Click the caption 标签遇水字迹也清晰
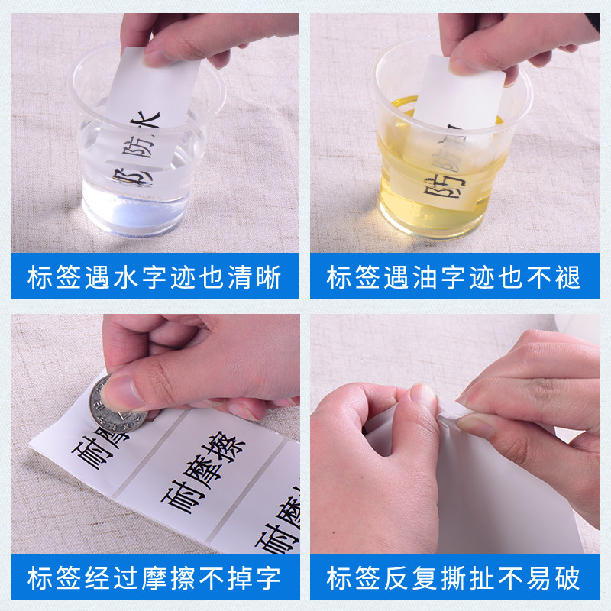coord(154,276)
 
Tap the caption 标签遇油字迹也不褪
coord(454,276)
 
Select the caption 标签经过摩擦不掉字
coord(154,577)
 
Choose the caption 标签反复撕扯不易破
coord(454,577)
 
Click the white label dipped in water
coord(149,130)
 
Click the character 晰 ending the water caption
coord(268,276)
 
